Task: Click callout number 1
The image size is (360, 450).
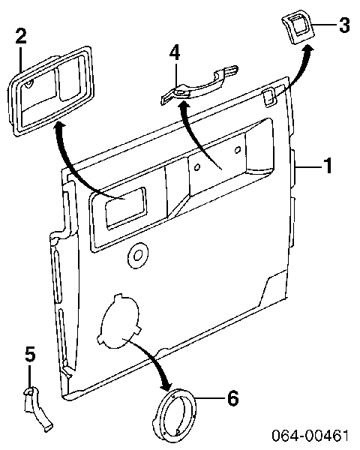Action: [328, 166]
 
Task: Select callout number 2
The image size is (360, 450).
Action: [21, 35]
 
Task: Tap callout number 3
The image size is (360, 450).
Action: [344, 25]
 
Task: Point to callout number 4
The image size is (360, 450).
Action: [175, 52]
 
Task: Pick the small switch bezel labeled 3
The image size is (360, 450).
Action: [298, 28]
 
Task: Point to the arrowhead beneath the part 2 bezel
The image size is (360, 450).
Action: [59, 128]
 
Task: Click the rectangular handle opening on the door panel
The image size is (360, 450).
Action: [126, 207]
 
